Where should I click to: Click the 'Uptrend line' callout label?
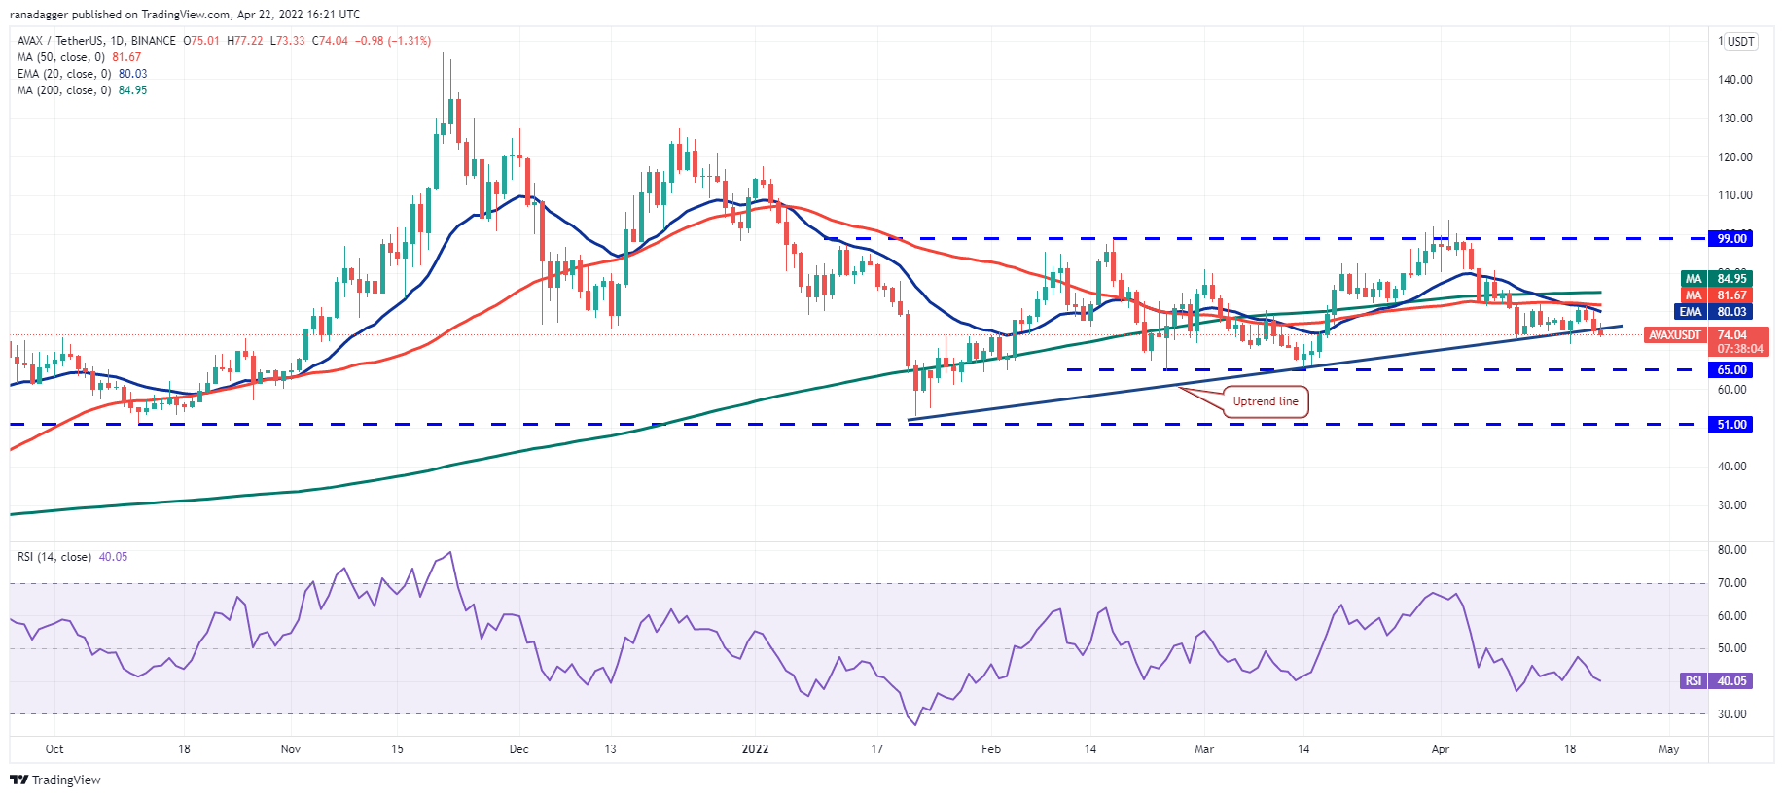click(1265, 401)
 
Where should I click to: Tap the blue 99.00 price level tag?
click(1731, 238)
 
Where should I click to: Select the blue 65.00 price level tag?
click(1731, 370)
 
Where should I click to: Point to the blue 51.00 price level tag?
click(1731, 425)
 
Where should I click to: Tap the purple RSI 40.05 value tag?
click(1718, 681)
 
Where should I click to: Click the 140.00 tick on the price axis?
click(1734, 80)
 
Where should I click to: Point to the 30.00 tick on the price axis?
click(1731, 505)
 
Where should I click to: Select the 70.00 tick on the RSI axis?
click(1732, 583)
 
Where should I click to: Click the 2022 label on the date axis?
click(755, 749)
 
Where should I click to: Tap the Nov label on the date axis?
click(290, 749)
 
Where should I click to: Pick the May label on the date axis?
click(1668, 749)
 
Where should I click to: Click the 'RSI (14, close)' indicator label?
click(54, 557)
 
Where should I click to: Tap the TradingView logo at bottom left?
click(55, 780)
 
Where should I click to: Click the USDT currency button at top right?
click(1740, 41)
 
